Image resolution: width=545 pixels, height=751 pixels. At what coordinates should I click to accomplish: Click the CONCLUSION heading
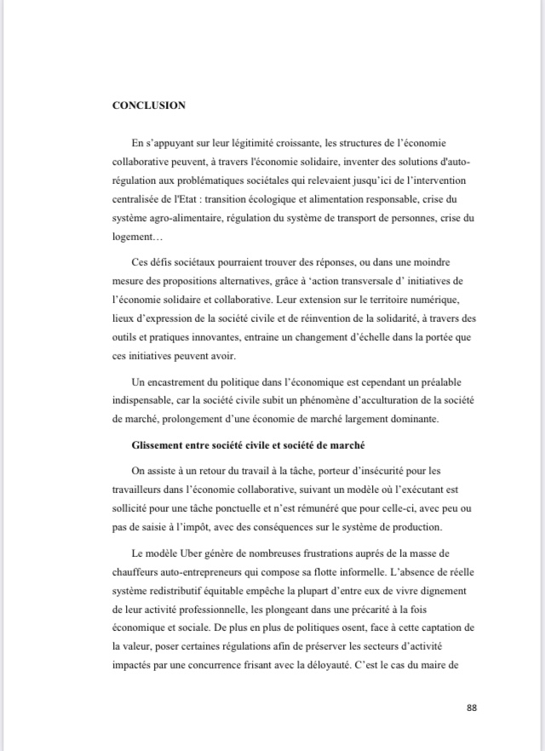click(149, 106)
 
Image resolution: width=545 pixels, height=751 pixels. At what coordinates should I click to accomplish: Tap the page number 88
click(473, 708)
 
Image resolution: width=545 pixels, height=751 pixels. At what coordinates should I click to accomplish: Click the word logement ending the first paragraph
click(133, 237)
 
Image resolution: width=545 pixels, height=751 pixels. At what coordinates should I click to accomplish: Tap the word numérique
click(439, 301)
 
